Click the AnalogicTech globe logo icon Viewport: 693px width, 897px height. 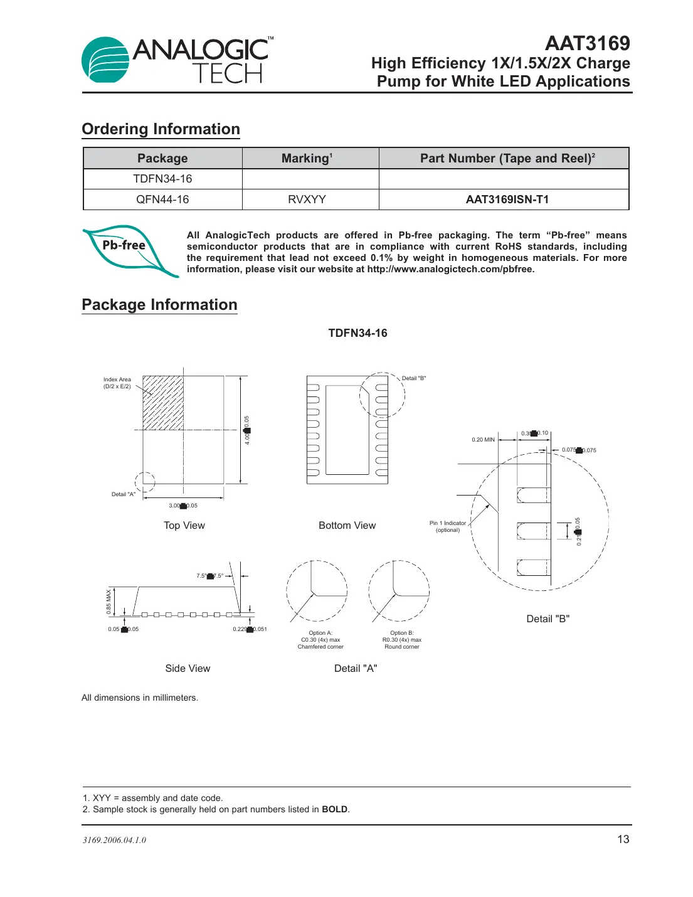pos(105,60)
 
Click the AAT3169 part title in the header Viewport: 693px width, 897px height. pos(587,43)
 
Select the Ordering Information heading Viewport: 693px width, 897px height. pos(161,129)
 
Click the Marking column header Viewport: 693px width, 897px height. pos(307,159)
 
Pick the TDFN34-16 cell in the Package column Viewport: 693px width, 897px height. pos(162,179)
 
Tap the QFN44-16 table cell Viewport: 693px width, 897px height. pos(162,199)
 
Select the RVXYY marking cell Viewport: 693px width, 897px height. pos(307,199)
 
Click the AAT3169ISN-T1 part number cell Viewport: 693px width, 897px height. pos(507,199)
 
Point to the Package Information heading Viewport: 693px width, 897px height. pos(159,305)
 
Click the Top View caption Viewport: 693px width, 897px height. pos(184,526)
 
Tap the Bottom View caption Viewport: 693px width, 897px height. pos(347,526)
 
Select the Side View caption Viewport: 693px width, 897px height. pos(188,669)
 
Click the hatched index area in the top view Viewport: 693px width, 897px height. pos(163,403)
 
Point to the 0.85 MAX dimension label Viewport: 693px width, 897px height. pos(109,601)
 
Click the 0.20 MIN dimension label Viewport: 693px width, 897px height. pos(483,440)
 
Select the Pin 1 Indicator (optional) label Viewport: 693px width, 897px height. pos(448,526)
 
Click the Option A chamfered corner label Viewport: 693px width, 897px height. pos(320,640)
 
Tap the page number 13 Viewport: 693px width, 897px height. pos(623,839)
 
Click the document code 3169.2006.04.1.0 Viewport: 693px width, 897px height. pos(114,841)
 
